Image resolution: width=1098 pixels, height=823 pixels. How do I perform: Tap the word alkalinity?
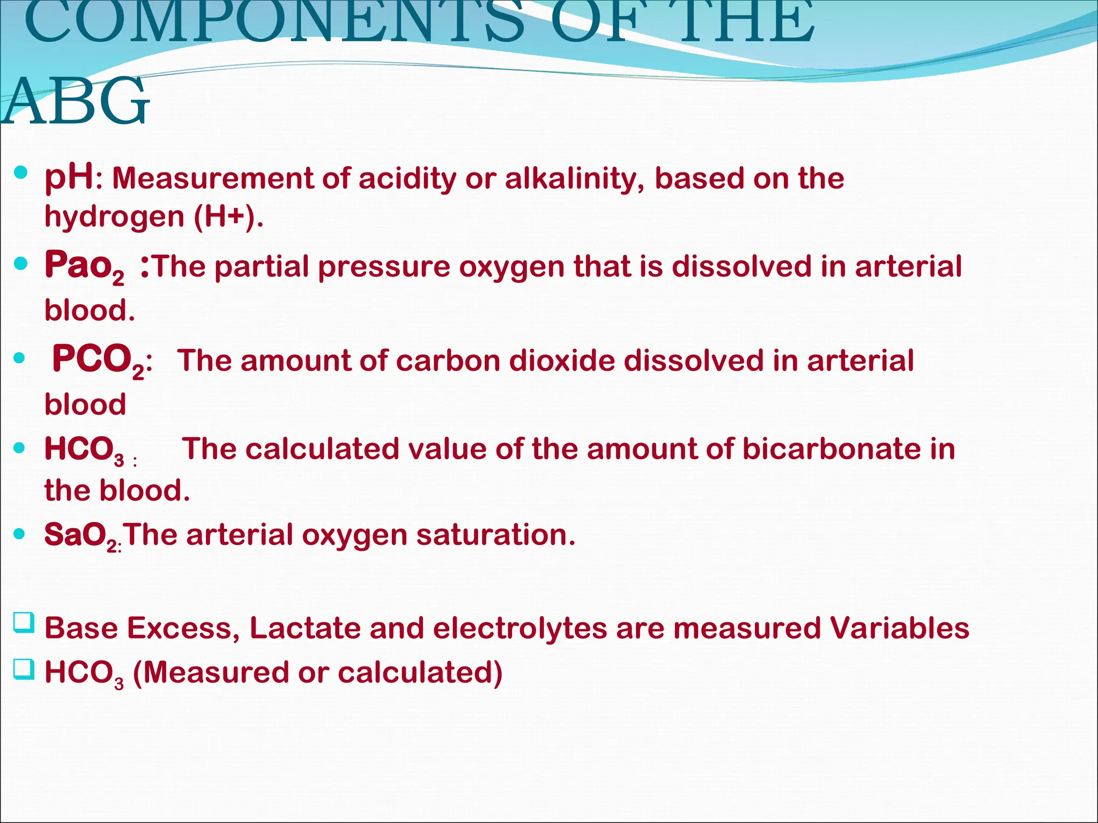point(574,178)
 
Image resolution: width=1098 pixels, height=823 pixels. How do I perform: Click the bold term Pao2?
point(84,267)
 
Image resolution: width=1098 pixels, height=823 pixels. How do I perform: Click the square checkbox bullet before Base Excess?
point(24,623)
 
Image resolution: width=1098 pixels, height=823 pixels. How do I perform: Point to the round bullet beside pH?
point(21,173)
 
